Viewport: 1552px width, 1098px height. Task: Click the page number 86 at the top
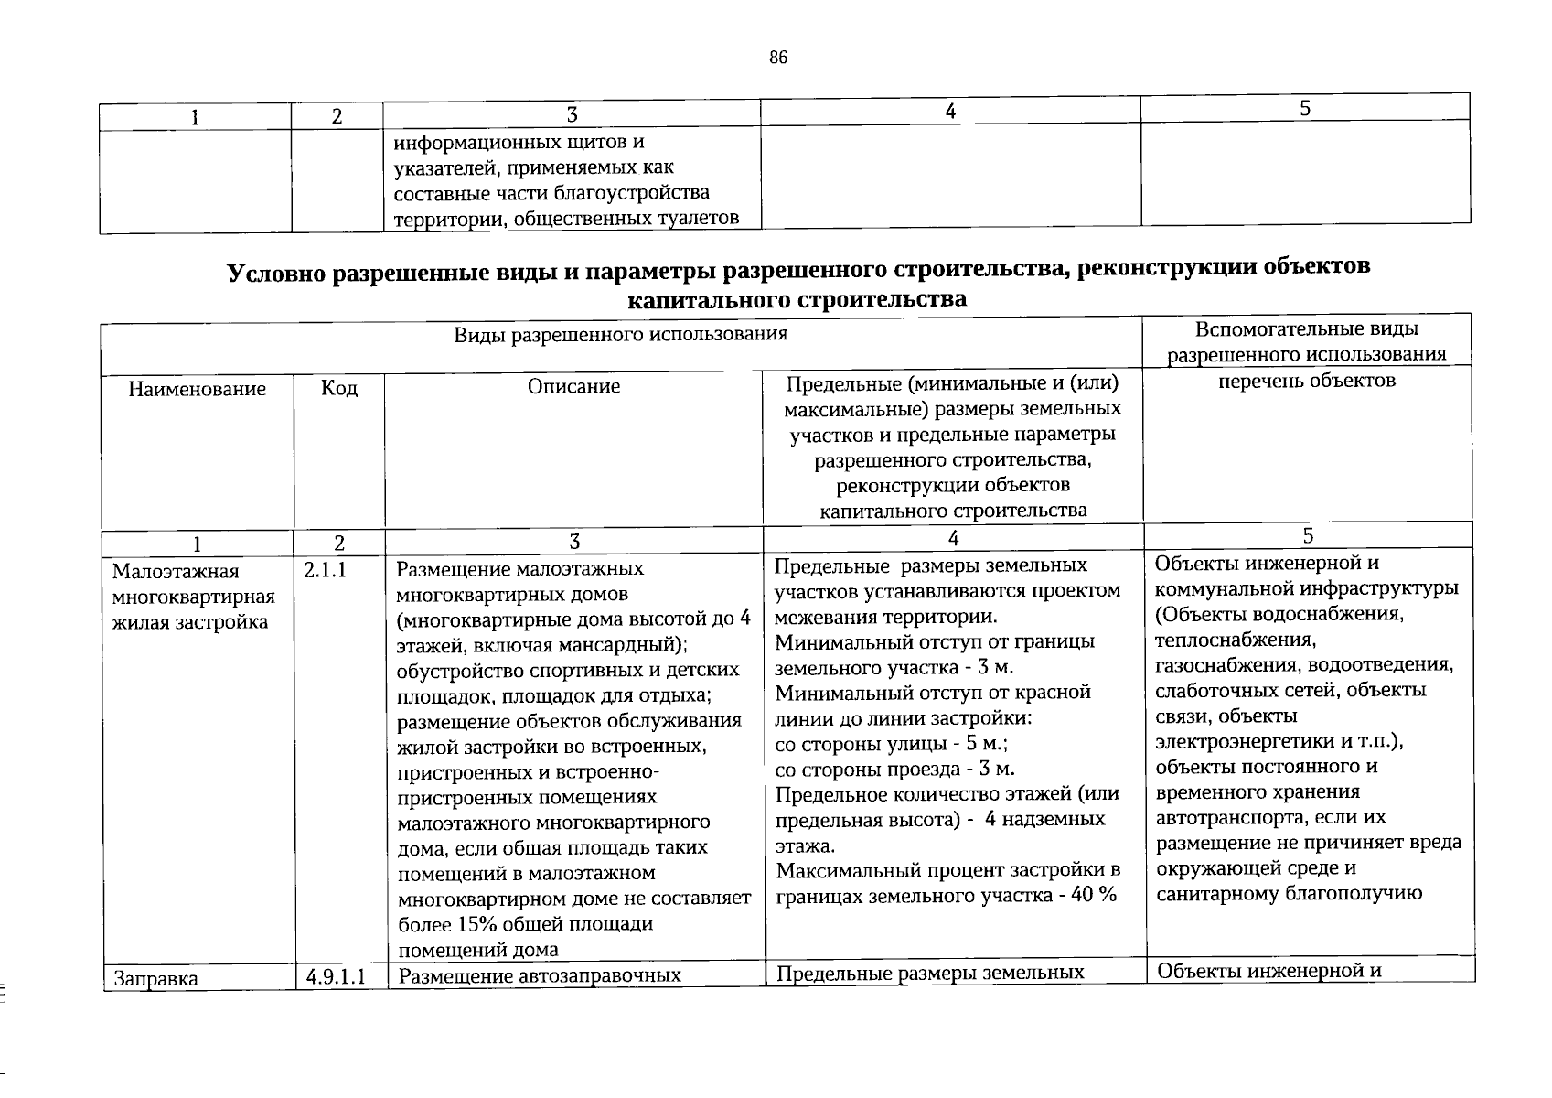coord(777,59)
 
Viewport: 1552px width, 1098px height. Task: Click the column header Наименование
coord(197,389)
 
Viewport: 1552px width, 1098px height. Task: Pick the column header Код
coord(339,388)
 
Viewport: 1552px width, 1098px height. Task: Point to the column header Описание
coord(573,386)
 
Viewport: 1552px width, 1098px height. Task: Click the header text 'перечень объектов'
coord(1307,380)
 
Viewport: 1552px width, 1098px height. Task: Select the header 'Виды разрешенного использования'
coord(620,334)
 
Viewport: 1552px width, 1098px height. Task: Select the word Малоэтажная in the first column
coord(175,572)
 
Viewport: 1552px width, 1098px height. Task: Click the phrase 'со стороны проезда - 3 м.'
coord(894,769)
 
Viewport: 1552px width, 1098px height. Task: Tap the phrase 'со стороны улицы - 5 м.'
coord(892,743)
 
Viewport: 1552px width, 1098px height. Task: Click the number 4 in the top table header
coord(950,111)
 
